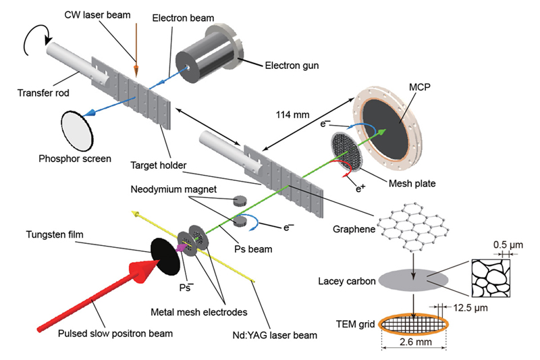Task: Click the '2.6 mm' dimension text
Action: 413,350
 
